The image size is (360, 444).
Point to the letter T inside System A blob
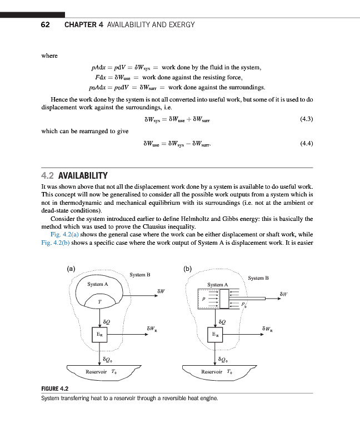click(x=99, y=301)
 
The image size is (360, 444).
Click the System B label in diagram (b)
click(x=258, y=277)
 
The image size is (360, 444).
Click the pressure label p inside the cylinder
click(x=204, y=298)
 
